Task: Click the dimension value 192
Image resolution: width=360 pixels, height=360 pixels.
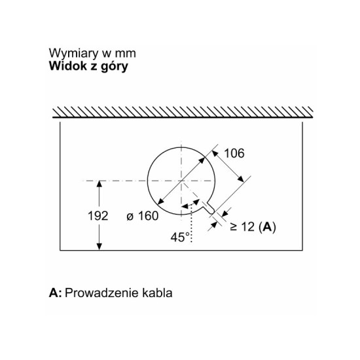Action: (98, 216)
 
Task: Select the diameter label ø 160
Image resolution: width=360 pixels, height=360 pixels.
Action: (143, 216)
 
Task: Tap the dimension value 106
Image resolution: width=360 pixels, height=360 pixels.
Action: (234, 153)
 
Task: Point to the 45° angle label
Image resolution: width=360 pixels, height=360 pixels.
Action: (180, 237)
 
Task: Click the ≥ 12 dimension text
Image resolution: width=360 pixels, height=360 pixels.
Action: (242, 227)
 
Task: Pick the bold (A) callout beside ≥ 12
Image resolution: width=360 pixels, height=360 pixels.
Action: (267, 227)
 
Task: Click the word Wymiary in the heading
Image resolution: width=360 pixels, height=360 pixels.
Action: (73, 54)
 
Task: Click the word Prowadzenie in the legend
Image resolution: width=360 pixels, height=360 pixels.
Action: (101, 293)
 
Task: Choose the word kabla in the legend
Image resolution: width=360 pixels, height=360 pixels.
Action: (157, 293)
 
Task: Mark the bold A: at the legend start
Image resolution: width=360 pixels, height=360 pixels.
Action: (56, 293)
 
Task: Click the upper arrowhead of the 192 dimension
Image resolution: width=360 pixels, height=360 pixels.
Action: (99, 184)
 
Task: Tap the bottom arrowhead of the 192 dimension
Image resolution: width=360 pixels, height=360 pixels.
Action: (99, 247)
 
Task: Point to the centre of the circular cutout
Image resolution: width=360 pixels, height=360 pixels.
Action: (181, 181)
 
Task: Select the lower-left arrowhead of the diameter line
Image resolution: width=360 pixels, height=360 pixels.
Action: (160, 202)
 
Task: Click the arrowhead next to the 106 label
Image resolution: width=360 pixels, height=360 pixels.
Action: (215, 153)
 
